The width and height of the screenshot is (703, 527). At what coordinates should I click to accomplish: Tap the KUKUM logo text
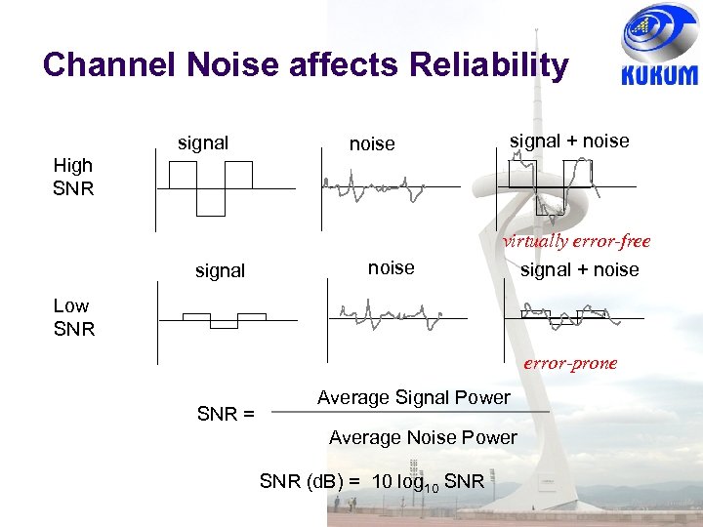click(659, 75)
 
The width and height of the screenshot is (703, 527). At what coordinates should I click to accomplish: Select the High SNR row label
click(73, 177)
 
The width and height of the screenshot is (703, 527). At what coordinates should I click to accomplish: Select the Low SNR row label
click(73, 317)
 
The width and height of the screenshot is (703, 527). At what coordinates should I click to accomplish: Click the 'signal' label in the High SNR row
click(203, 143)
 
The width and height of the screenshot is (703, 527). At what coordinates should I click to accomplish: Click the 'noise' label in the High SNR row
click(372, 144)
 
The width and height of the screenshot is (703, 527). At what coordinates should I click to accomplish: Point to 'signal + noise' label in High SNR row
click(569, 142)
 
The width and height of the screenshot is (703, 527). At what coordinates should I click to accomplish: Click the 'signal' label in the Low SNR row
click(220, 270)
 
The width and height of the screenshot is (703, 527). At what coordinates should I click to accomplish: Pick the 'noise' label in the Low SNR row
click(391, 267)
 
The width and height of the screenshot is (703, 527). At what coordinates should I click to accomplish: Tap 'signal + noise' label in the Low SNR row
click(579, 270)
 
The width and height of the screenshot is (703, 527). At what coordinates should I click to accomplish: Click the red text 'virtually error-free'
click(576, 242)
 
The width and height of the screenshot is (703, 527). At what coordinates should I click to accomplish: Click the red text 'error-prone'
click(570, 363)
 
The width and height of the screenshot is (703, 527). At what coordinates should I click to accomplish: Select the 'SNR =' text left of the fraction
click(226, 414)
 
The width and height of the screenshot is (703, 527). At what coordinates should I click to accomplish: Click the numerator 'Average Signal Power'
click(413, 397)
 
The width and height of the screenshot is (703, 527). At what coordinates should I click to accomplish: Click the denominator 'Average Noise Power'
click(423, 437)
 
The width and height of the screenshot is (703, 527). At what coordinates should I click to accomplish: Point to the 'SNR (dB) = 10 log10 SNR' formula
click(371, 480)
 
